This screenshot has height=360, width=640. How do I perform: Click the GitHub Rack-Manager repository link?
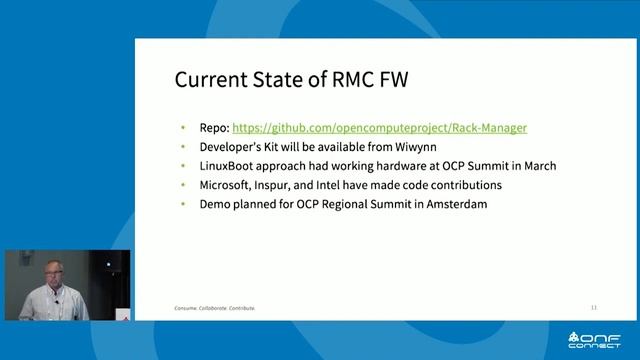pyautogui.click(x=379, y=128)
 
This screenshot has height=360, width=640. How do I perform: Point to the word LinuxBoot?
pyautogui.click(x=230, y=166)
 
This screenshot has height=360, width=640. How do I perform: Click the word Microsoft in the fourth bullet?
pyautogui.click(x=227, y=185)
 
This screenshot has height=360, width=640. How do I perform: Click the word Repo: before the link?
pyautogui.click(x=214, y=128)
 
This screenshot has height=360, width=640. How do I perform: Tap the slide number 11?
pyautogui.click(x=593, y=307)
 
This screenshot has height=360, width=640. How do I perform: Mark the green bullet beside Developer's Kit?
pyautogui.click(x=183, y=147)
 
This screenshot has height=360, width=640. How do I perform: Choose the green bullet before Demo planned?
pyautogui.click(x=183, y=204)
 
